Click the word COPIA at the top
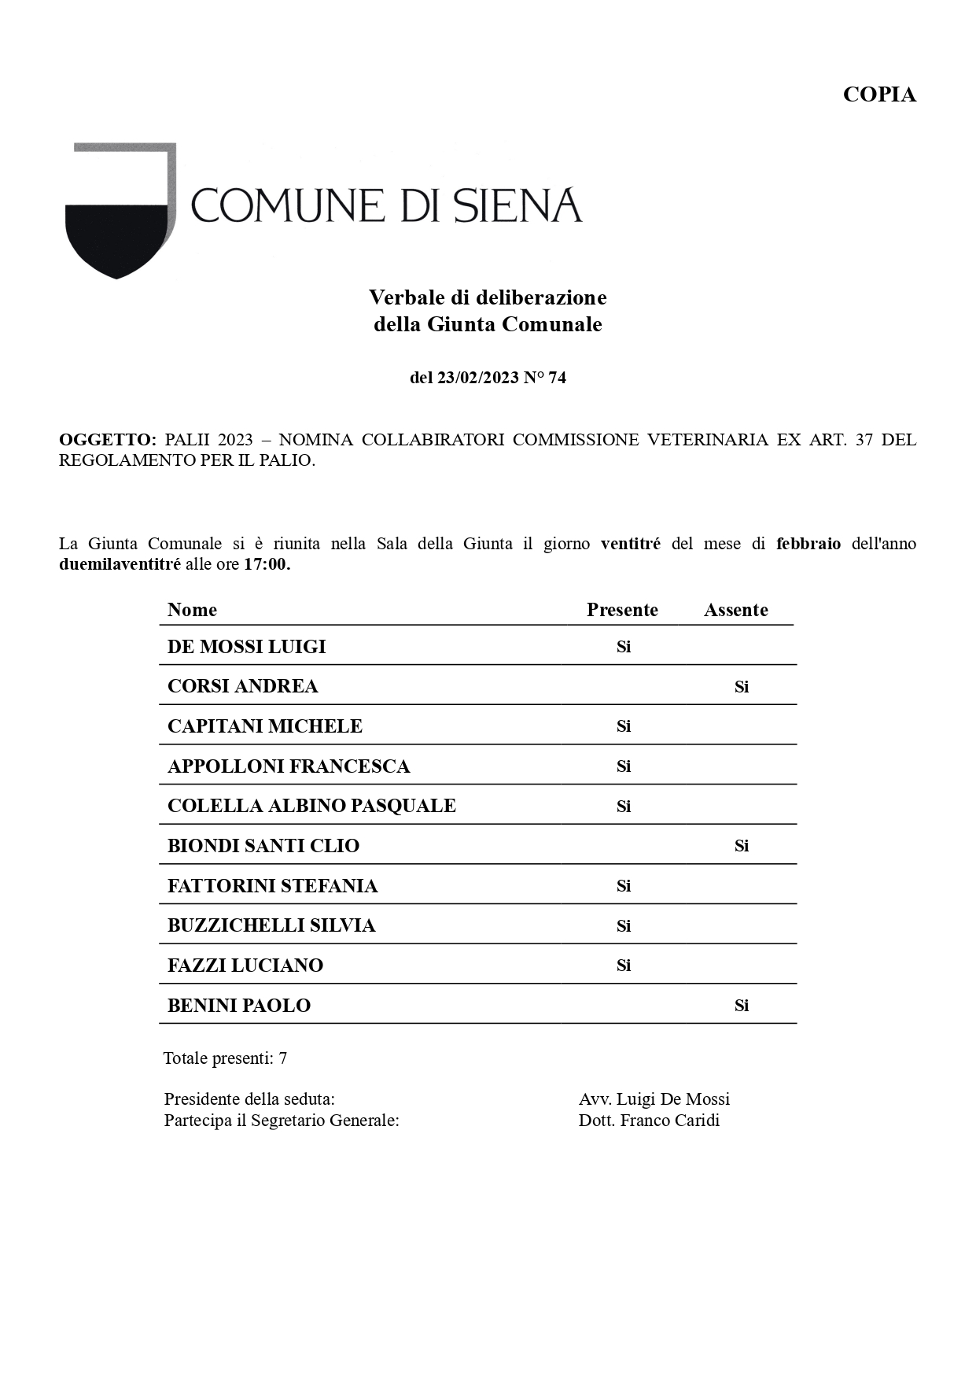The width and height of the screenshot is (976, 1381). pyautogui.click(x=879, y=94)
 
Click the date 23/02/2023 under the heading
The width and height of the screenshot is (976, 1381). pyautogui.click(x=478, y=378)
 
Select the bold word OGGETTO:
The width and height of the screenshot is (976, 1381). pyautogui.click(x=108, y=440)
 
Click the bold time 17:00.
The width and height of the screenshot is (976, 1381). pyautogui.click(x=267, y=564)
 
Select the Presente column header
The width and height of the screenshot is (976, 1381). pyautogui.click(x=622, y=610)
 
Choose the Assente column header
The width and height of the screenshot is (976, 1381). pyautogui.click(x=735, y=610)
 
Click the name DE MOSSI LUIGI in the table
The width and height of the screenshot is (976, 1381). pyautogui.click(x=246, y=647)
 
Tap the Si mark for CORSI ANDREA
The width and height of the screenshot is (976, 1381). pyautogui.click(x=741, y=687)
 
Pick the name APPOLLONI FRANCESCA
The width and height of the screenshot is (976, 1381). pyautogui.click(x=289, y=766)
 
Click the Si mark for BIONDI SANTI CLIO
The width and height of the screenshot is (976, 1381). pyautogui.click(x=741, y=846)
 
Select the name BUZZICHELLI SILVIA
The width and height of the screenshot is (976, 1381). pyautogui.click(x=271, y=925)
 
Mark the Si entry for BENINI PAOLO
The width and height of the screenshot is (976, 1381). pyautogui.click(x=741, y=1006)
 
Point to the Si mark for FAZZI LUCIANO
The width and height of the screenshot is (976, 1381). pyautogui.click(x=623, y=966)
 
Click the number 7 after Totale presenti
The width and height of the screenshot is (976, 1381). pyautogui.click(x=283, y=1058)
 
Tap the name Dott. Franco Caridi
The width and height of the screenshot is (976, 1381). pyautogui.click(x=649, y=1121)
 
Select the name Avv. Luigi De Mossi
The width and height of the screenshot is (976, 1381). pyautogui.click(x=654, y=1099)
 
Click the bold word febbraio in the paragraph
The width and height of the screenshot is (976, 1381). pyautogui.click(x=808, y=544)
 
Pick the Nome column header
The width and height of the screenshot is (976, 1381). pyautogui.click(x=192, y=610)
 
